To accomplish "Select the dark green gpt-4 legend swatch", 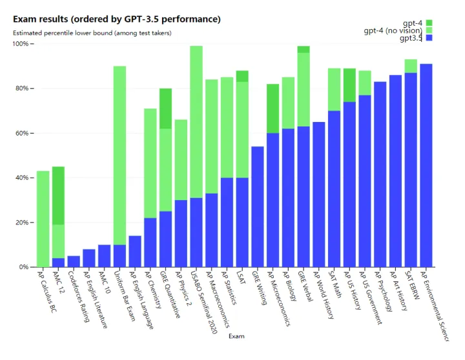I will [x=429, y=23].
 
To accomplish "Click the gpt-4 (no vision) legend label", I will [x=393, y=30].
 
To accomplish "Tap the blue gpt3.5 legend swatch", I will [x=429, y=38].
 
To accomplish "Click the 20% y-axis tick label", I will [x=21, y=223].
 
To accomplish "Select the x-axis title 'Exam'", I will [x=236, y=335].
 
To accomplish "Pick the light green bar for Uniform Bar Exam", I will [x=119, y=155].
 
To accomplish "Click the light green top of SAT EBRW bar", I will [x=410, y=66].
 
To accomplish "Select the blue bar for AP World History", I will [x=318, y=194].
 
